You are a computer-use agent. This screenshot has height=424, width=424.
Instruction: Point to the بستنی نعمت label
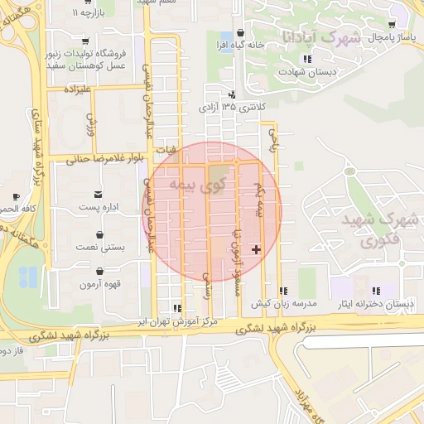tap(99, 247)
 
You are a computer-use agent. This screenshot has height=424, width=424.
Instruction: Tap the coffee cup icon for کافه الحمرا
tap(15, 196)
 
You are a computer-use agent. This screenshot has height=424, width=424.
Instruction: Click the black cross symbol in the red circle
tap(257, 248)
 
